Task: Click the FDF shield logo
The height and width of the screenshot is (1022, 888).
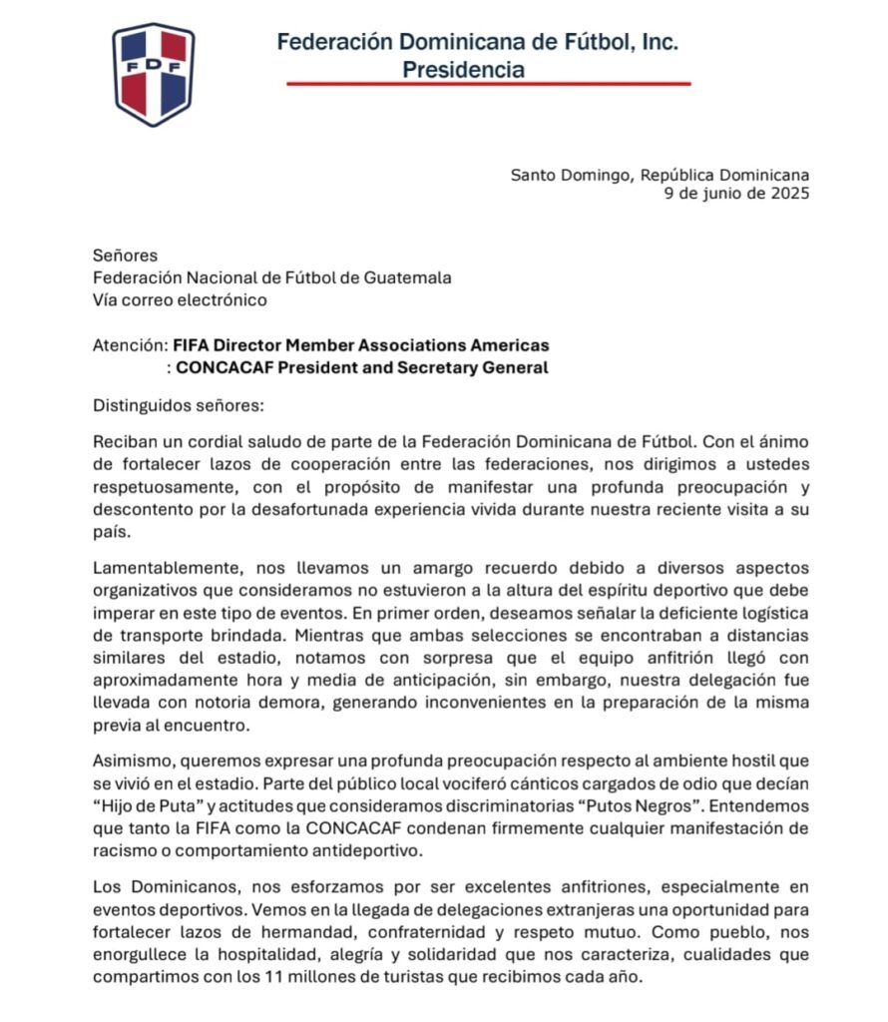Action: [x=153, y=74]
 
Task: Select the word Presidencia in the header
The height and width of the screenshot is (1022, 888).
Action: [x=463, y=70]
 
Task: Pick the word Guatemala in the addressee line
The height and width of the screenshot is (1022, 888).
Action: [x=406, y=277]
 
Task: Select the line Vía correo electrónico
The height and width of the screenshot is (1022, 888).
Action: [x=180, y=299]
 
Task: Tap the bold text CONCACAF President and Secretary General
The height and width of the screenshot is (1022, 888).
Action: [x=362, y=367]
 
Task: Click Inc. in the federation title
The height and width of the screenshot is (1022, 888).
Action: [x=660, y=42]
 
